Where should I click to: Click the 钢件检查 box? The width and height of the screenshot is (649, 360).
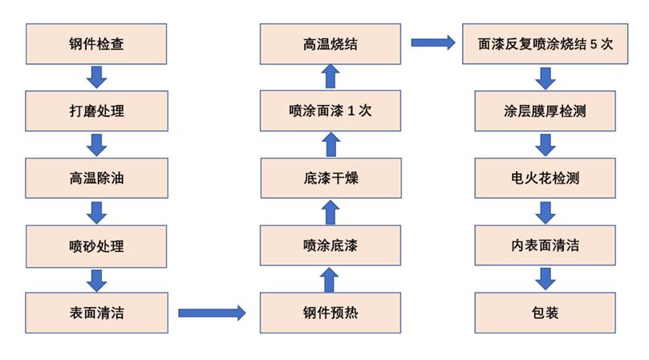96,44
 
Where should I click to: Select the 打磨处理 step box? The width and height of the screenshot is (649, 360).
96,111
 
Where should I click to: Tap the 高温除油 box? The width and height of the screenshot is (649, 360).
96,179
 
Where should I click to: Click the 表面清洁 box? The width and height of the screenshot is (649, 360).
96,313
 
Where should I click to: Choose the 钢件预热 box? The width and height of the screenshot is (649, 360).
331,313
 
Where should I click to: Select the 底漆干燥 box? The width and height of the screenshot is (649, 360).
331,179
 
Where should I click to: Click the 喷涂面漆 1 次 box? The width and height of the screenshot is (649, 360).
331,111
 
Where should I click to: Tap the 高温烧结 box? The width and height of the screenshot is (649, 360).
331,44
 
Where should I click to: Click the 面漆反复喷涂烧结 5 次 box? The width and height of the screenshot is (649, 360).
546,44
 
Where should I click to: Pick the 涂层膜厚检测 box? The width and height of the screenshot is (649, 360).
546,111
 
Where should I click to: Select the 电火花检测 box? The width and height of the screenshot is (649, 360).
546,179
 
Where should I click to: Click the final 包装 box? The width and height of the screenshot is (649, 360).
546,313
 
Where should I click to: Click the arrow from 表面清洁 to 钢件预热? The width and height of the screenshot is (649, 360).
212,313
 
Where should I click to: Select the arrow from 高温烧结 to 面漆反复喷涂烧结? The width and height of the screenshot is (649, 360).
433,42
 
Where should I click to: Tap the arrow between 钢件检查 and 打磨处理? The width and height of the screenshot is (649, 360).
97,78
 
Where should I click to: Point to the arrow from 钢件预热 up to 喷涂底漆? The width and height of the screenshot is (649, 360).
331,280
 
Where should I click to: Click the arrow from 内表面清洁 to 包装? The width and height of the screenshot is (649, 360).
546,279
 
